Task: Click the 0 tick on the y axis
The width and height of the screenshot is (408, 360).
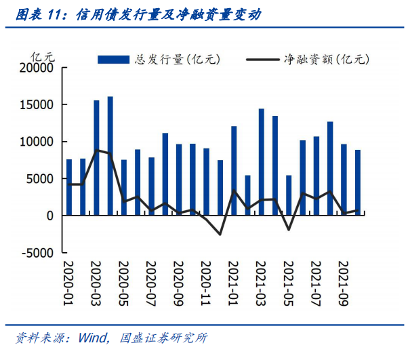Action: [x=50, y=216]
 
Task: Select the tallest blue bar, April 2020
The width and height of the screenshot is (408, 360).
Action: [x=110, y=156]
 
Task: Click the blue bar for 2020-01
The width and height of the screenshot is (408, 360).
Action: [x=69, y=187]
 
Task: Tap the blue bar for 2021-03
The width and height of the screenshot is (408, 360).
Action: [x=261, y=162]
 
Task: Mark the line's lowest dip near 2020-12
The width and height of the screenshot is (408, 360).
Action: [x=220, y=235]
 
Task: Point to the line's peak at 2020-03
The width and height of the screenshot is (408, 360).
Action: [x=97, y=151]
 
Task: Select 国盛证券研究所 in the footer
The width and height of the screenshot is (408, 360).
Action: [x=162, y=338]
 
